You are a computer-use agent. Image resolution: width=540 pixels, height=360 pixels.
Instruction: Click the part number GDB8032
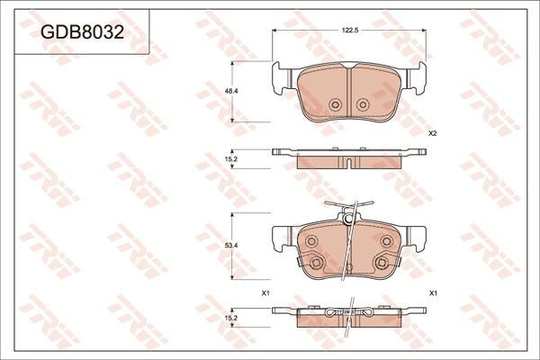[82, 32]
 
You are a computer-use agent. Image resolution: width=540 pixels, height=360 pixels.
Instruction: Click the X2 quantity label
[432, 133]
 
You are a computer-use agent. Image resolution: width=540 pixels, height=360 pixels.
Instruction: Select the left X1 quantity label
[265, 293]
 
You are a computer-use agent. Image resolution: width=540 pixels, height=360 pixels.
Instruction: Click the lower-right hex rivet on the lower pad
[381, 263]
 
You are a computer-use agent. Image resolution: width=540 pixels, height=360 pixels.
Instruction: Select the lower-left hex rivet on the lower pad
[316, 263]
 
